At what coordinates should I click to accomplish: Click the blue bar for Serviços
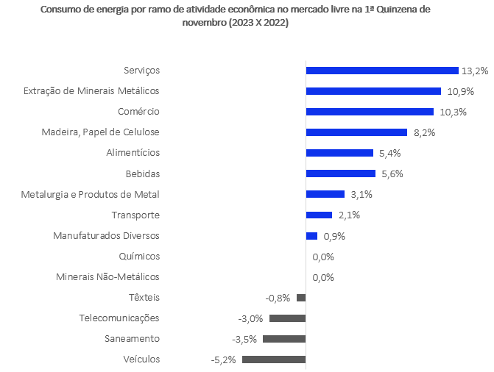point(382,71)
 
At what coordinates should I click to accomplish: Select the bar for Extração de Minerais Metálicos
point(373,91)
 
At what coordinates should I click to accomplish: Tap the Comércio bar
point(370,112)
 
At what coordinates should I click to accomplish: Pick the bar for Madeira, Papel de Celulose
point(356,132)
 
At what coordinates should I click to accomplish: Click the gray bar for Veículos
point(274,360)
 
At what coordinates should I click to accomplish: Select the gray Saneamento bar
point(284,339)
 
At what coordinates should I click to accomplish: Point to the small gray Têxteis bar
point(301,298)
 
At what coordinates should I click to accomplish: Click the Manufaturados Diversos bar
point(311,236)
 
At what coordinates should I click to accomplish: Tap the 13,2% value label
point(475,71)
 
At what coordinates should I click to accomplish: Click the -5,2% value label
point(224,360)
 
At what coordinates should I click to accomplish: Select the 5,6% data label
point(392,174)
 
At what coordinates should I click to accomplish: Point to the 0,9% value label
point(334,236)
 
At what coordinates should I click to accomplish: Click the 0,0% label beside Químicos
point(323,257)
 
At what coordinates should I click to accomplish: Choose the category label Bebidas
point(143,174)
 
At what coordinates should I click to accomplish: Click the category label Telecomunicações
point(119,318)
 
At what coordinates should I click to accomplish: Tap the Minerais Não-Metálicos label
point(107,277)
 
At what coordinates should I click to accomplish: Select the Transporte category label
point(135,215)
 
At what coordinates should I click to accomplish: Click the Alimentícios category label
point(133,153)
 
